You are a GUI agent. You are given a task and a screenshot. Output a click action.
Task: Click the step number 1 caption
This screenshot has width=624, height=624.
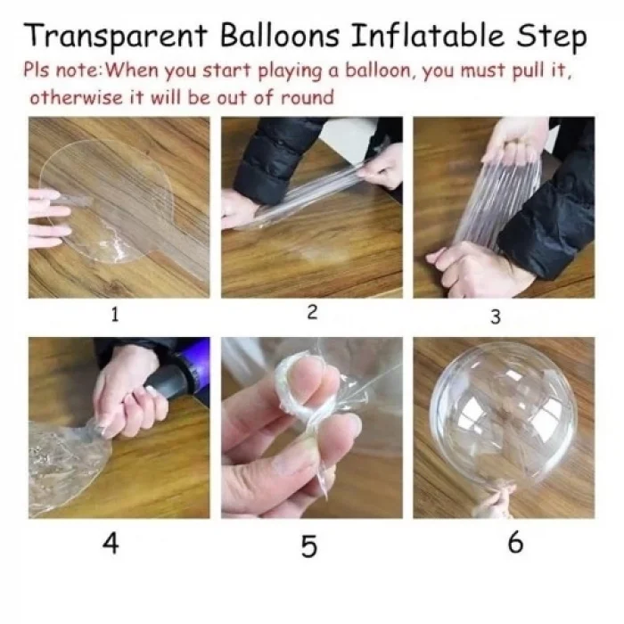[x=115, y=314]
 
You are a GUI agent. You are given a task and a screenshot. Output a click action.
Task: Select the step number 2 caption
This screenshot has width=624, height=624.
[x=311, y=312]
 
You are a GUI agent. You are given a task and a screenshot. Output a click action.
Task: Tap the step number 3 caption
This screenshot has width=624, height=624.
[x=496, y=316]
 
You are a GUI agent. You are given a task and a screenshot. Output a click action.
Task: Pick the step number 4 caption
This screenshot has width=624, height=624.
[x=110, y=543]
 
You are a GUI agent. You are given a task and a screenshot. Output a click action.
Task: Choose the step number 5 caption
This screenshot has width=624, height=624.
[x=308, y=546]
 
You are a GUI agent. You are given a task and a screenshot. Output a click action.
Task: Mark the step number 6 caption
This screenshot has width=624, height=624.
[x=515, y=542]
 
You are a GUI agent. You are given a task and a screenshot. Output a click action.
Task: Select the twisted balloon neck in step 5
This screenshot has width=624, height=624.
[x=303, y=392]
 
